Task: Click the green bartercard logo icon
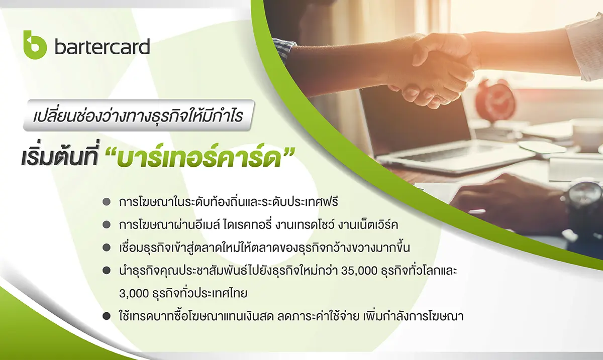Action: [35, 45]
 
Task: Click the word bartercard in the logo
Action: [103, 47]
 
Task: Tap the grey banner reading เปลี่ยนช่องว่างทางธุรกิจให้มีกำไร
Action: [139, 115]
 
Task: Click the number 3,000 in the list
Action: [134, 294]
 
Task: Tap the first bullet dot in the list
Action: [107, 202]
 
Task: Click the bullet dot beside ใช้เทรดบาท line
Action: [107, 316]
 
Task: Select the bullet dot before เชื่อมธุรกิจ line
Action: [107, 248]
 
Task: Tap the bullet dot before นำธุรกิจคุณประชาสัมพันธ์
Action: [107, 271]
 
